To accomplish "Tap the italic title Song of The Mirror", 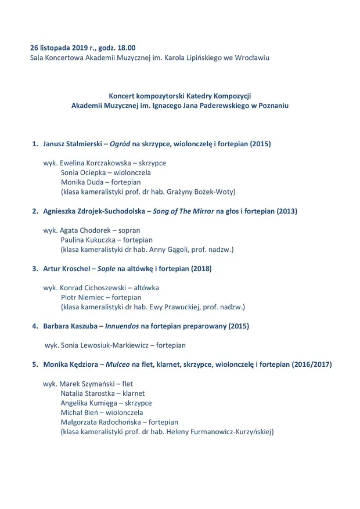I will click(x=183, y=211).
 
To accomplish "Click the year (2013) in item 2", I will click(x=285, y=211).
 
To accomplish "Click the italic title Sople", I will click(x=106, y=269).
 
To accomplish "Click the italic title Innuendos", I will click(x=122, y=326).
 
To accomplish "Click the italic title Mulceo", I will click(x=118, y=364).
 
